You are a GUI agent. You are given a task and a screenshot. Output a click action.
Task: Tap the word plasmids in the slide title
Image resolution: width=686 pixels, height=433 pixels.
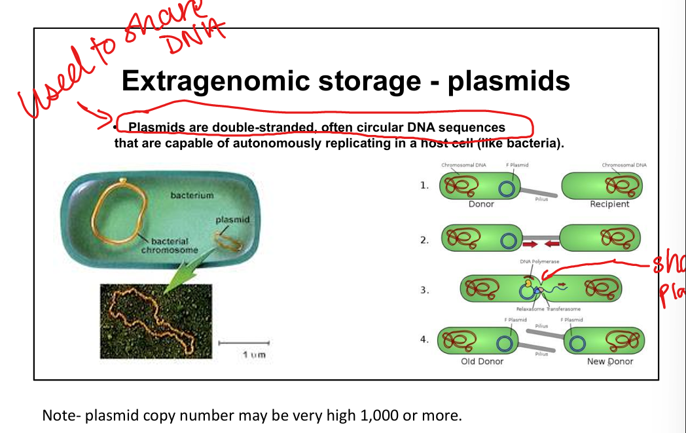509,81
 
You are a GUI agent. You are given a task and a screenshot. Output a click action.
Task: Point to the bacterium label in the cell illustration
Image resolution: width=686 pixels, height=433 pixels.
192,195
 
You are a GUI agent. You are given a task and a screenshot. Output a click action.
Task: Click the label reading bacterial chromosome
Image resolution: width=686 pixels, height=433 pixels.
170,246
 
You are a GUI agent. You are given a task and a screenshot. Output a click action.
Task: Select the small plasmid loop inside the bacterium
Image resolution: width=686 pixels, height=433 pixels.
228,242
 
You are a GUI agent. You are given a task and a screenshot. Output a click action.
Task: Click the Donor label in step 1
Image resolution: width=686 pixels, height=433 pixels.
481,204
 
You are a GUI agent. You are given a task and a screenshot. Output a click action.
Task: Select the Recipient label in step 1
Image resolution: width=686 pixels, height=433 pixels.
609,204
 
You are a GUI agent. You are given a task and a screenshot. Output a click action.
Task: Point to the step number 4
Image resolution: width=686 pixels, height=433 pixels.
424,339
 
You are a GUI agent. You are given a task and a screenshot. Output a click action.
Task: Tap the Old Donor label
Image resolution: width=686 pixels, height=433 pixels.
482,362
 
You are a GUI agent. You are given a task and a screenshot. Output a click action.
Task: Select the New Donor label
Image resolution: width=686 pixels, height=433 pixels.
610,362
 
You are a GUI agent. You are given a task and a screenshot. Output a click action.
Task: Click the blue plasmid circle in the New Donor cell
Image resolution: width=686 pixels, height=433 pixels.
577,343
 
